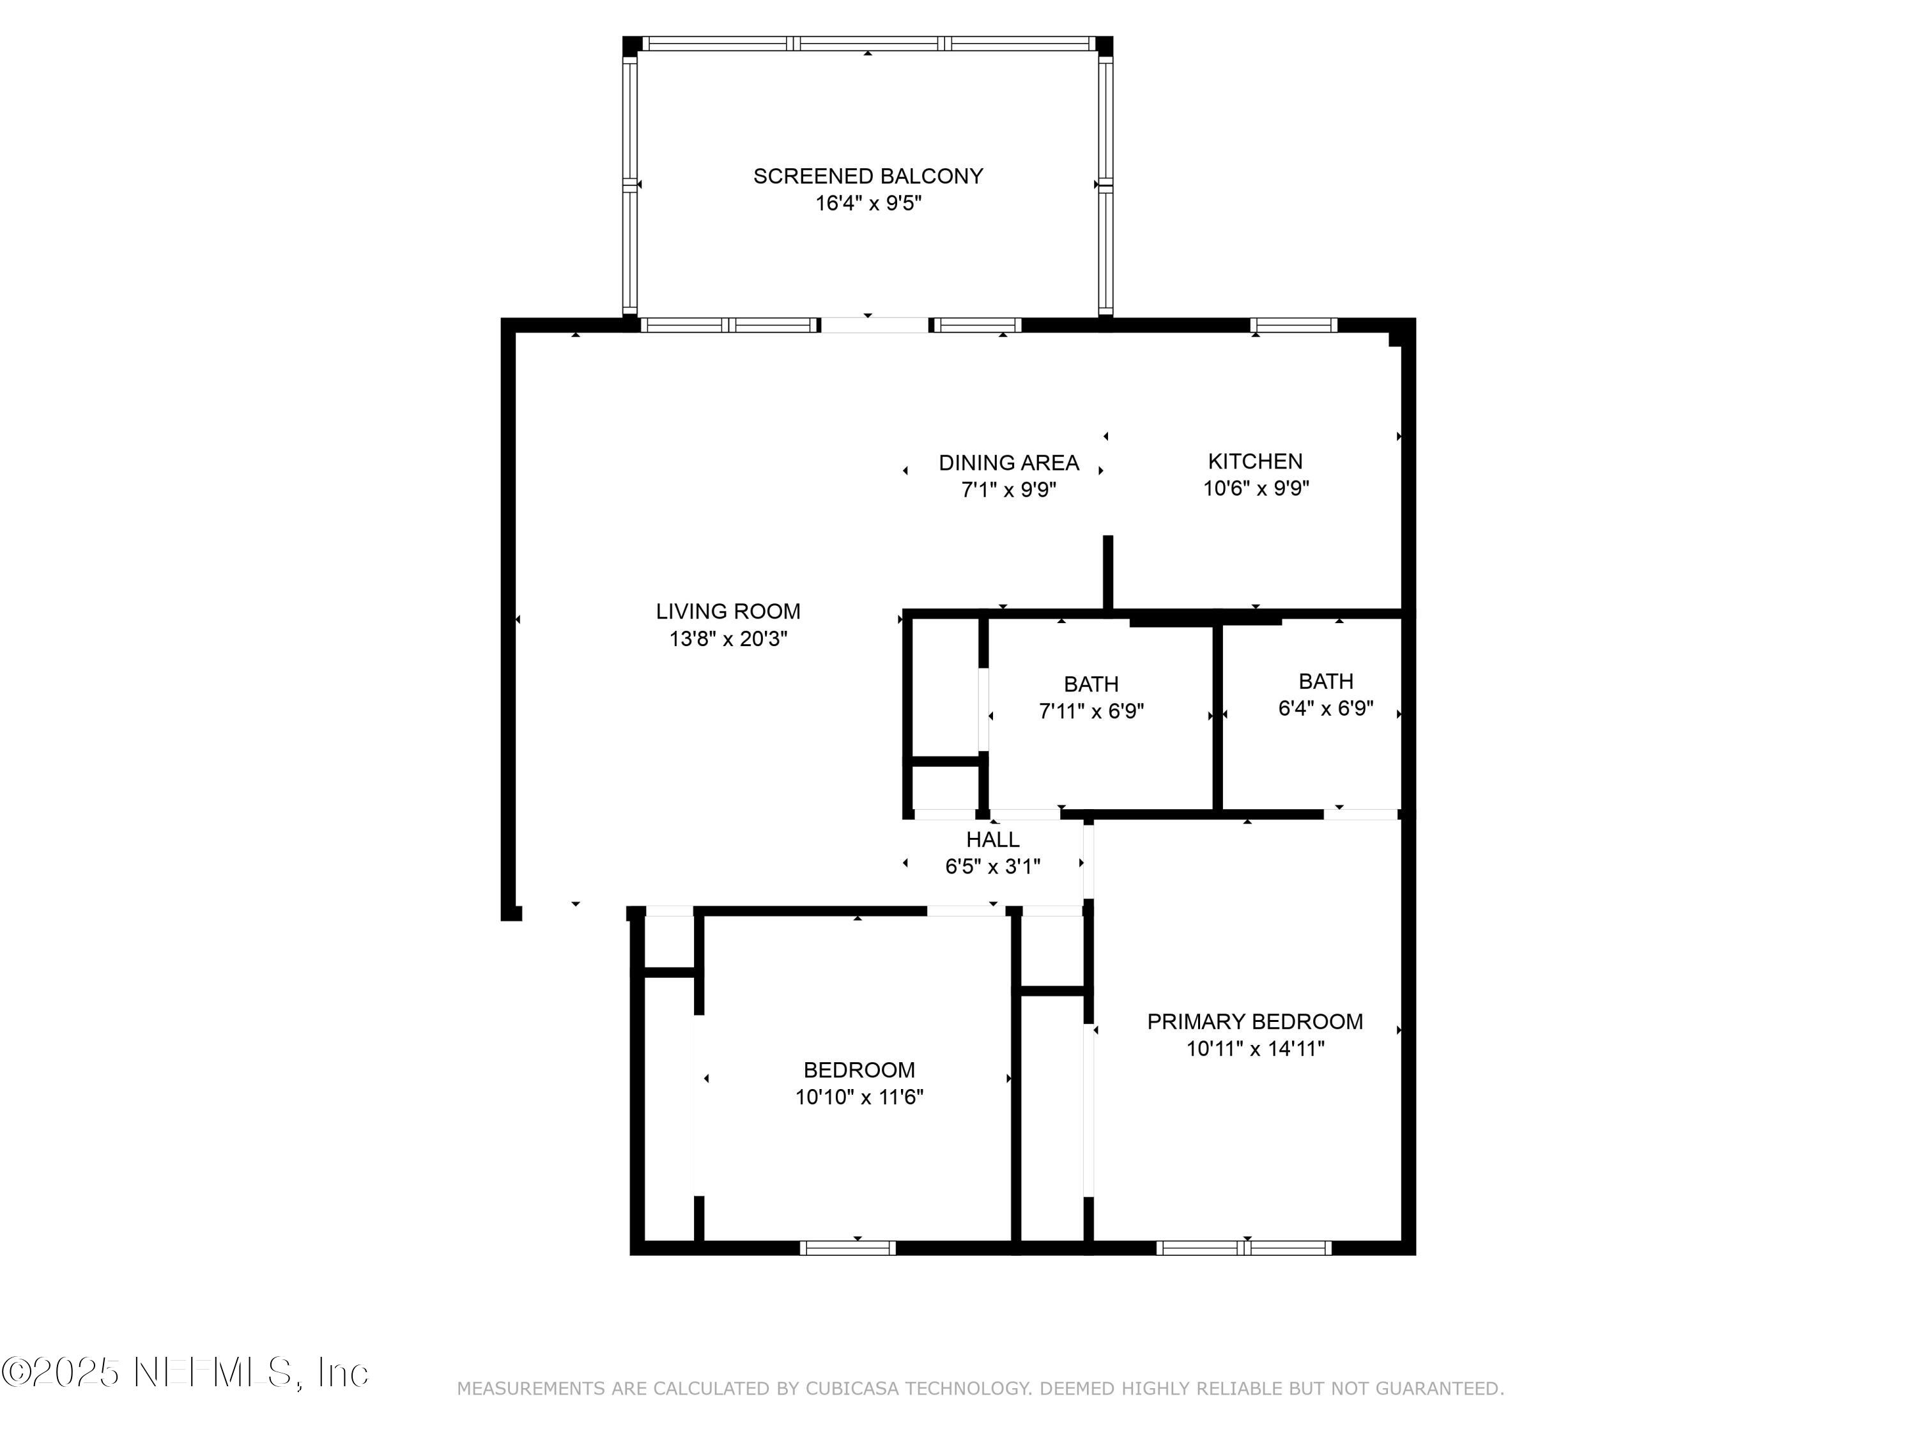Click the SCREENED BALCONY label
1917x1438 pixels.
[868, 176]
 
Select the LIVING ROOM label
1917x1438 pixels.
[728, 611]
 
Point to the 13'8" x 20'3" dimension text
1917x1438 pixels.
[728, 639]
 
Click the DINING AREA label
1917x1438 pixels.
[1009, 463]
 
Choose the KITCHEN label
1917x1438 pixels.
[1255, 461]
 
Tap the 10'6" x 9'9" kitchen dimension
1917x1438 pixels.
[1255, 488]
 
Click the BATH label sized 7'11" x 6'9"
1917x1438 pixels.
[1091, 684]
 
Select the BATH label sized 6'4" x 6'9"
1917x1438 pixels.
[1325, 681]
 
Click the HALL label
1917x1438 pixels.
[992, 839]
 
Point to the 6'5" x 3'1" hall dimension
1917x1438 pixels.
[992, 866]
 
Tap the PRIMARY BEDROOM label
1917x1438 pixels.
[1254, 1021]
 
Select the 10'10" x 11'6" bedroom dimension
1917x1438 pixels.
[859, 1097]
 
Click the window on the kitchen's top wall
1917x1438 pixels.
[1293, 325]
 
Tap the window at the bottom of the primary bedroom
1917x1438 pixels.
[1243, 1248]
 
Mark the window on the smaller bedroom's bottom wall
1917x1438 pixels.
[847, 1248]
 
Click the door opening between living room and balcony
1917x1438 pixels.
[874, 325]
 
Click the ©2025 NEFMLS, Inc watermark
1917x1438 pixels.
[185, 1372]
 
